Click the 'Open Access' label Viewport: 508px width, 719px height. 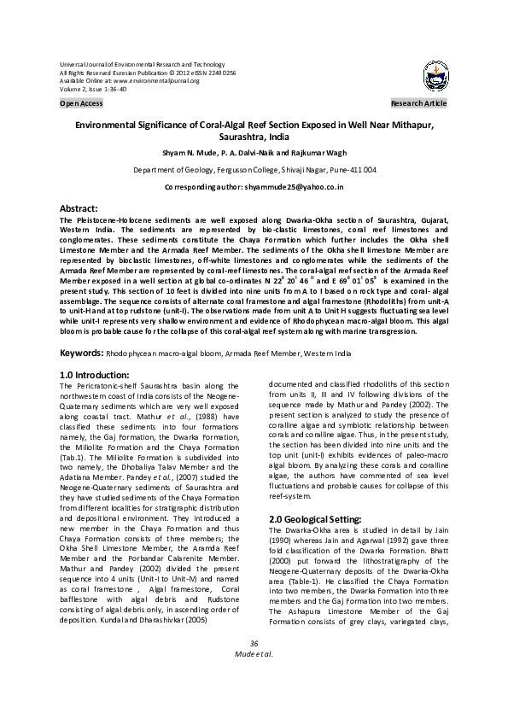(x=81, y=103)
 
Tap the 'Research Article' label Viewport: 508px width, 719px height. (x=418, y=103)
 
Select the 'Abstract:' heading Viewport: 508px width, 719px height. (x=83, y=208)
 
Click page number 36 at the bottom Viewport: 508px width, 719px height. (x=254, y=667)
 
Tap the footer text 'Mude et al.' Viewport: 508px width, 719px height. (x=254, y=678)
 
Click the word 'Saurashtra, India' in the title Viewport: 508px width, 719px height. (x=254, y=137)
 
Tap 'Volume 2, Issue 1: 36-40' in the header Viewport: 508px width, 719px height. (x=93, y=88)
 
